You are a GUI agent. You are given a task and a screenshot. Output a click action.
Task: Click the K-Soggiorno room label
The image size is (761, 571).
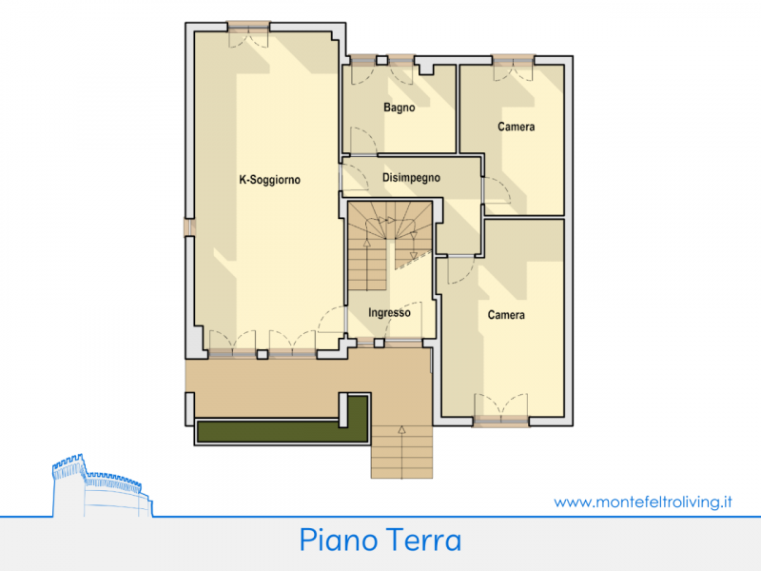[269, 180]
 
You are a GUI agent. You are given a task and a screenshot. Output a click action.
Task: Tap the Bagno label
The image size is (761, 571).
[399, 108]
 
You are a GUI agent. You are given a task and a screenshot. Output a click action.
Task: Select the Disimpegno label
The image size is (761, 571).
[411, 178]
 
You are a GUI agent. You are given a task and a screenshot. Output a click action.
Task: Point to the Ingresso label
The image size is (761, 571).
[389, 313]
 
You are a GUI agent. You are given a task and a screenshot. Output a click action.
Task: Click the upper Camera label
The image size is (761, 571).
[516, 127]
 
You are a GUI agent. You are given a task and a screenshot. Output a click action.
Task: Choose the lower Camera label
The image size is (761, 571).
[506, 315]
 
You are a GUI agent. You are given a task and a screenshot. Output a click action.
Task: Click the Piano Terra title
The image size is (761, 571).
[380, 540]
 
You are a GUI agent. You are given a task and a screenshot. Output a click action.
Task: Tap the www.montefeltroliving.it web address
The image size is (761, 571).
[643, 502]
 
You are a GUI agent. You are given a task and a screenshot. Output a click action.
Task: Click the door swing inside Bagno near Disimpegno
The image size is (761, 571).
[363, 141]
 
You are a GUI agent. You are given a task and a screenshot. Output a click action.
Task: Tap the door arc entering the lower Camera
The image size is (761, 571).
[461, 270]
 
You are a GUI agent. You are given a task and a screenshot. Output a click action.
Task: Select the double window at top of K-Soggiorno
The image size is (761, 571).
[248, 34]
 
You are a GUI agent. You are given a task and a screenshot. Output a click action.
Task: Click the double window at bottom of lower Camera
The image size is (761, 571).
[501, 411]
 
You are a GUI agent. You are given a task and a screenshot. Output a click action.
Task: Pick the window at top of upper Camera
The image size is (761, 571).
[513, 67]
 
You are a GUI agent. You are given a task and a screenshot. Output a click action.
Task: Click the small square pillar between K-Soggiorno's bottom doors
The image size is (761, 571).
[263, 354]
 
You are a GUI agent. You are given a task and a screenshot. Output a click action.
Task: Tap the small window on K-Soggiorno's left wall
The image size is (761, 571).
[189, 227]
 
